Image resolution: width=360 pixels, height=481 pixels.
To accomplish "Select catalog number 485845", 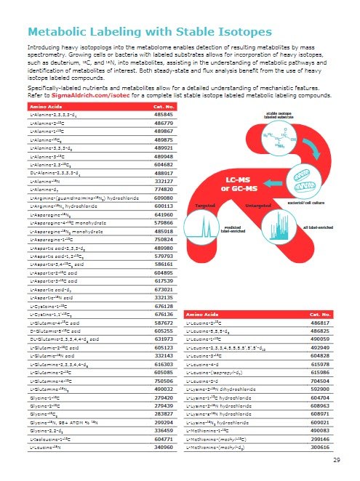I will click(x=167, y=116).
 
